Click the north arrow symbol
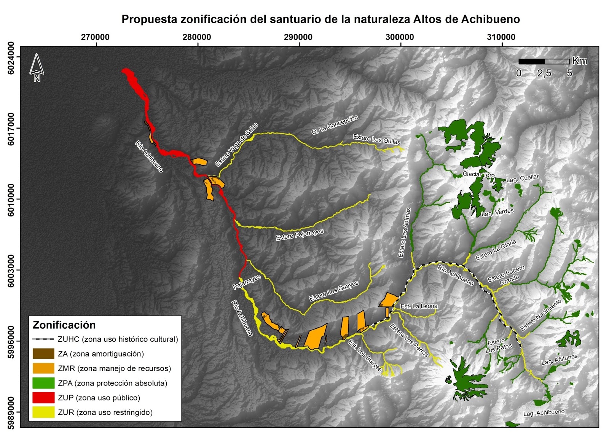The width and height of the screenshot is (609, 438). point(37,67)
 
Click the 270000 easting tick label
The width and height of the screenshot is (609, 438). point(95,37)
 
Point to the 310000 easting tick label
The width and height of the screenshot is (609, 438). point(501,37)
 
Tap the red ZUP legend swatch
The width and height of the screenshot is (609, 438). point(43,398)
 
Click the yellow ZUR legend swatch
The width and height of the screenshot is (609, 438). point(43,412)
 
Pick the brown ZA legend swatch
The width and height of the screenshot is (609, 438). point(43,354)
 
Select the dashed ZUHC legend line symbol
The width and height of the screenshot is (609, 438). point(43,339)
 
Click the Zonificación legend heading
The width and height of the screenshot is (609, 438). point(64,325)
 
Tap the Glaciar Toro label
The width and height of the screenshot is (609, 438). point(478,175)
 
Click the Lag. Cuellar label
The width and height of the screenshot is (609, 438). point(523,178)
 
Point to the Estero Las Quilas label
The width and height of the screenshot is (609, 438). point(376,139)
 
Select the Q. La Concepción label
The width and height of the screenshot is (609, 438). point(335,124)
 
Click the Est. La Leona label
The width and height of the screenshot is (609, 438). point(419,306)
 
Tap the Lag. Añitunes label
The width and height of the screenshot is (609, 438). point(559,360)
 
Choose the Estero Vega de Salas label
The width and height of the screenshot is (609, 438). point(236,145)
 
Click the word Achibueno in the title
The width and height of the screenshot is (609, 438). point(491,19)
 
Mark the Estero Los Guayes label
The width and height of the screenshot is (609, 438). point(334,291)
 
